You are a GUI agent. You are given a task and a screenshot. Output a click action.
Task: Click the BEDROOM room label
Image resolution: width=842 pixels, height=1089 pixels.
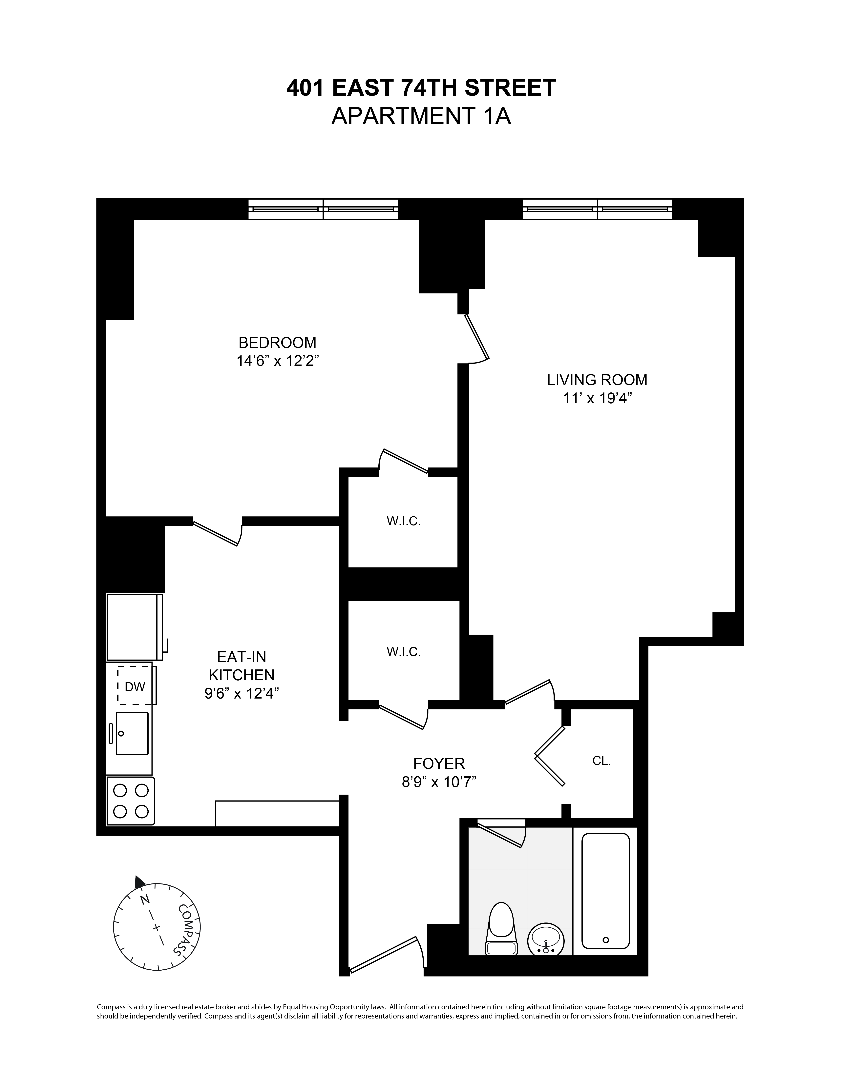277,343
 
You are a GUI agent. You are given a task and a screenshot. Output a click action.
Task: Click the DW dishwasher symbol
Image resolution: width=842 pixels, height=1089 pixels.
135,687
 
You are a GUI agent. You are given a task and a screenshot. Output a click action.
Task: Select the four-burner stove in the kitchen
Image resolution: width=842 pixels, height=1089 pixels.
131,801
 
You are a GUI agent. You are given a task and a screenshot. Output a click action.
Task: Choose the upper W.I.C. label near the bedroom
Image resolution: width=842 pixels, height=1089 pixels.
404,522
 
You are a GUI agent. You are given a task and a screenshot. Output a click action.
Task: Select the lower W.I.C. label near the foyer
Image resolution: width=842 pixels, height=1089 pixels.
404,652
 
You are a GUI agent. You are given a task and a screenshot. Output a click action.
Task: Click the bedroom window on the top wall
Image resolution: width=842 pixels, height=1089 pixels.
323,209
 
